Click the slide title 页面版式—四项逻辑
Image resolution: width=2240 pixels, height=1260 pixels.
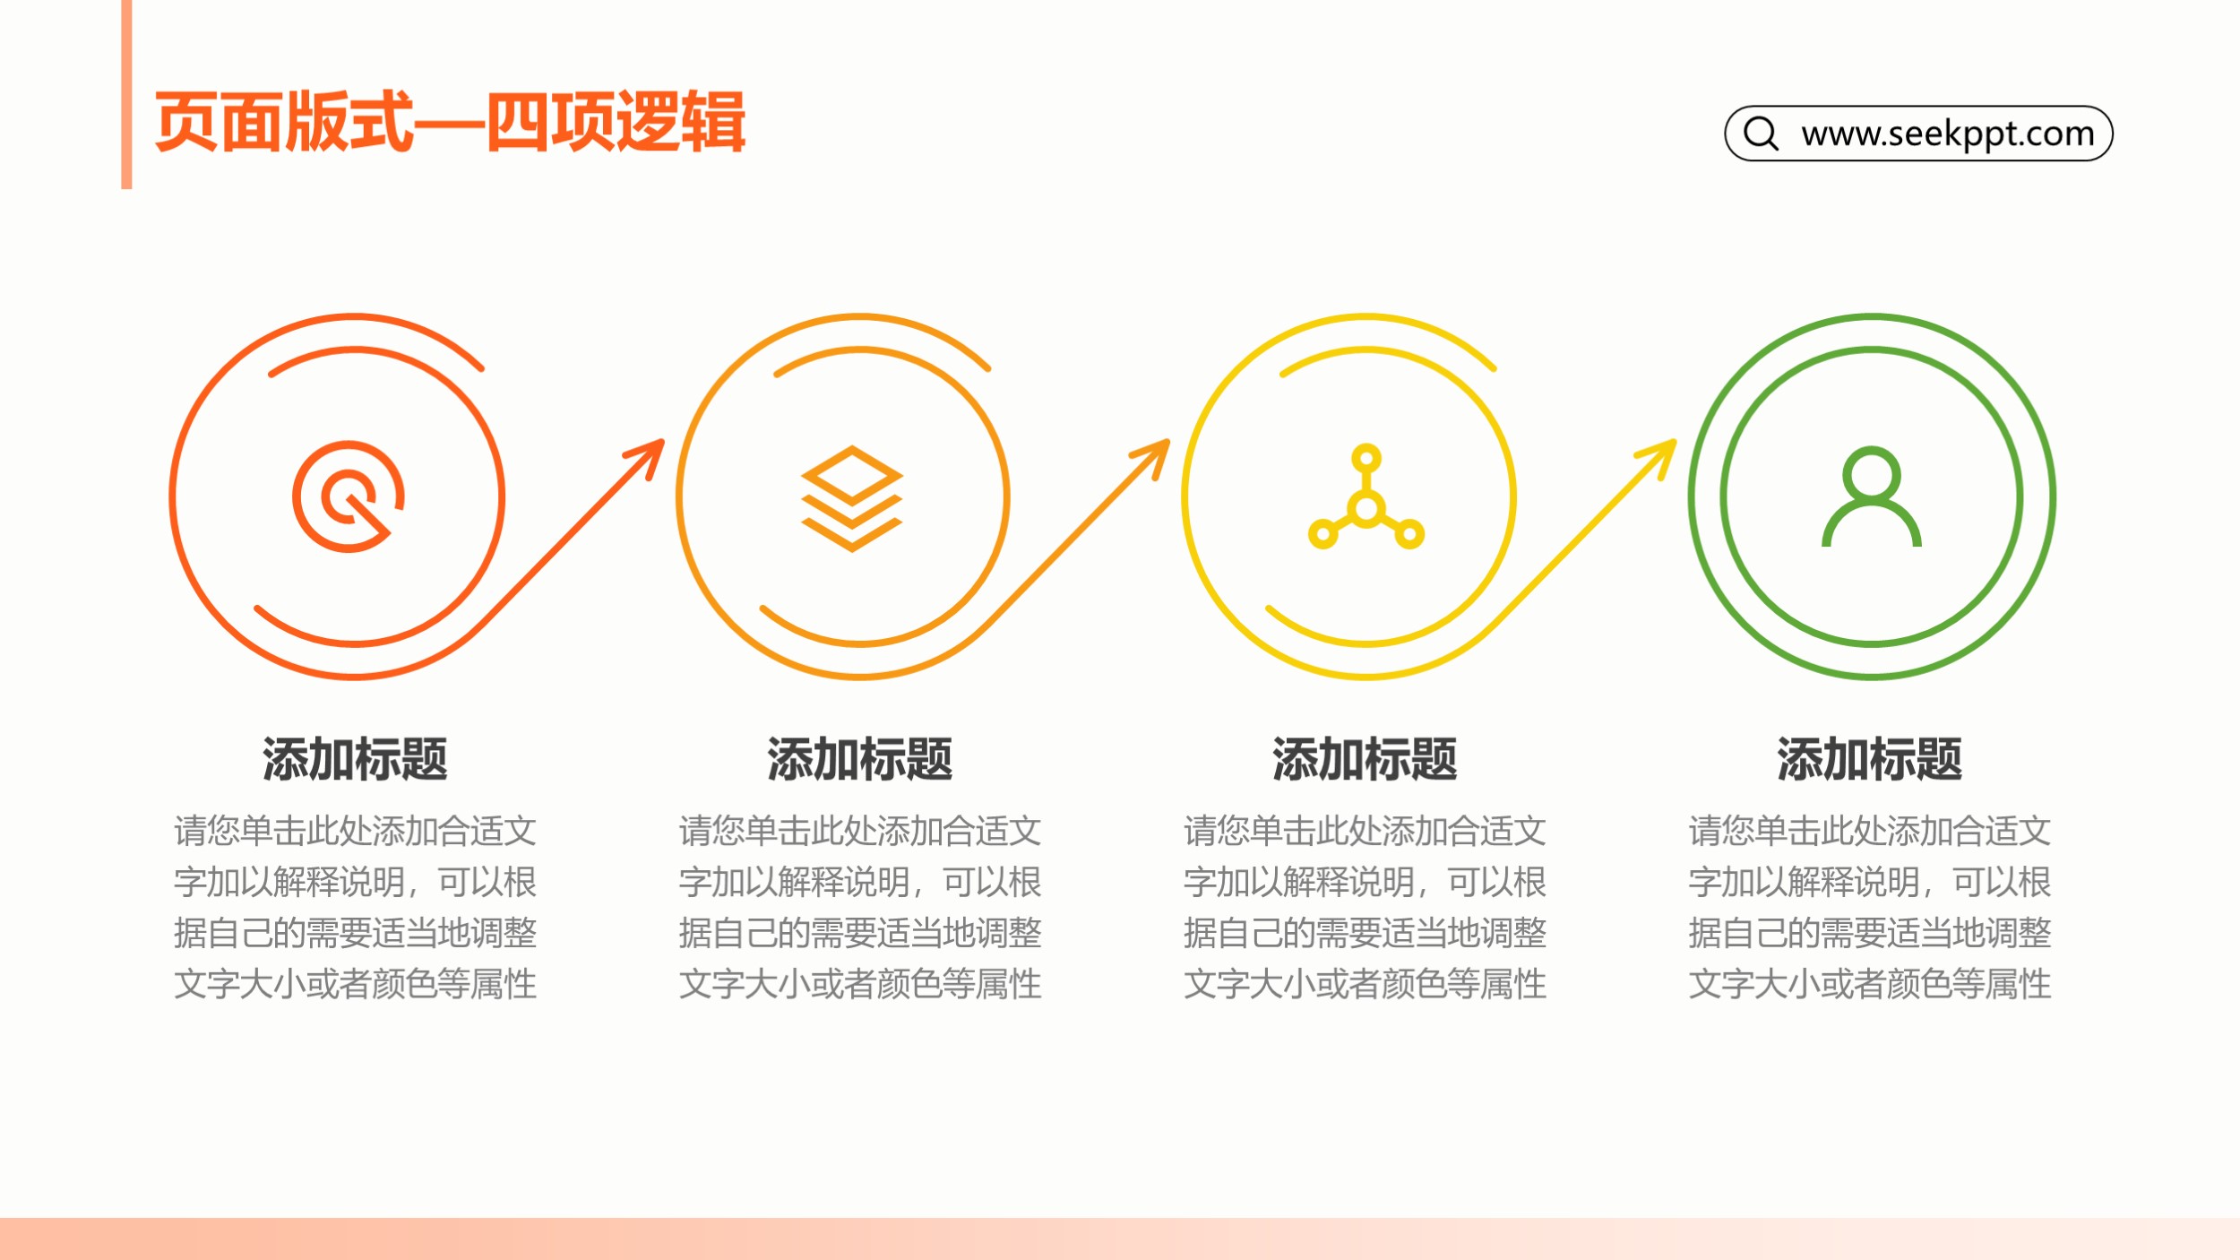pyautogui.click(x=450, y=122)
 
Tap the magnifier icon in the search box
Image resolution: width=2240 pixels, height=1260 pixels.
pyautogui.click(x=1761, y=133)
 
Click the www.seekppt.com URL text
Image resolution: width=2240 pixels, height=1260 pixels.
pyautogui.click(x=1948, y=134)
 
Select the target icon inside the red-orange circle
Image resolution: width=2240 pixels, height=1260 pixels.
pyautogui.click(x=349, y=496)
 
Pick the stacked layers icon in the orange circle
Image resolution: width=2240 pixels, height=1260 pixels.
pyautogui.click(x=851, y=498)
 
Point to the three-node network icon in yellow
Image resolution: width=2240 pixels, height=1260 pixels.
pyautogui.click(x=1366, y=496)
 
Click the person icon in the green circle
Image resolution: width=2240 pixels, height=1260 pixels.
pyautogui.click(x=1872, y=496)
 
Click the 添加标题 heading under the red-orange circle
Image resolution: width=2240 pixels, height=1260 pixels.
pyautogui.click(x=355, y=759)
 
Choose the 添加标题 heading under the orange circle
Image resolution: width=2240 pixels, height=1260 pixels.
pyautogui.click(x=860, y=759)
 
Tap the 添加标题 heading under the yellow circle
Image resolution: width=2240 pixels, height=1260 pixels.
pyautogui.click(x=1365, y=759)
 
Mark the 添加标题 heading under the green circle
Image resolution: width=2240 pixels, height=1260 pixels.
pyautogui.click(x=1870, y=759)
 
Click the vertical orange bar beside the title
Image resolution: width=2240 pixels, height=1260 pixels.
pyautogui.click(x=126, y=94)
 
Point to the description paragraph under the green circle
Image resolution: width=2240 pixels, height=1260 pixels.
pyautogui.click(x=1870, y=907)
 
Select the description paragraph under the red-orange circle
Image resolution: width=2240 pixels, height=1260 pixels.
pyautogui.click(x=355, y=907)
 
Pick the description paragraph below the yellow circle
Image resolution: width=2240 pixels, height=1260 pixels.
pyautogui.click(x=1365, y=907)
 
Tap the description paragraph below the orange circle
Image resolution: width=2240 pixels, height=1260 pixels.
pyautogui.click(x=860, y=907)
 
